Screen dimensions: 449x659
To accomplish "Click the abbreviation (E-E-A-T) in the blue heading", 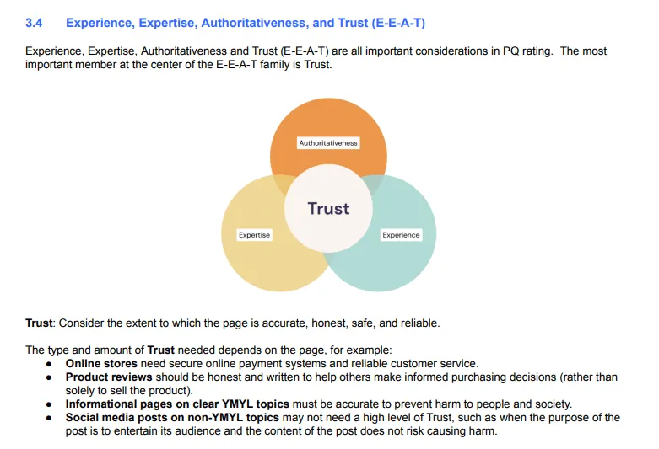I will pos(397,23).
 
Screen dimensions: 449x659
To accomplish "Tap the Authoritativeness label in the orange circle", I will pos(328,143).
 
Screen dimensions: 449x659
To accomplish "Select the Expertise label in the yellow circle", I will pos(254,235).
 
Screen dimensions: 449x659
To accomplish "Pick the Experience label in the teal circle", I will pos(401,235).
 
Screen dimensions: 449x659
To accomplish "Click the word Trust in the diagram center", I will pos(328,208).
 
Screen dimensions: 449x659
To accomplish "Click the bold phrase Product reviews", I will pos(109,377).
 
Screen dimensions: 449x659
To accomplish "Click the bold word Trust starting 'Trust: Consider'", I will pos(40,323).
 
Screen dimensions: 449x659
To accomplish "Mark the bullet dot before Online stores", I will pos(51,364).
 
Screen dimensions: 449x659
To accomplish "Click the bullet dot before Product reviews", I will pos(51,377).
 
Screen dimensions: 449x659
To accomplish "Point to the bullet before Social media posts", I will pos(51,418).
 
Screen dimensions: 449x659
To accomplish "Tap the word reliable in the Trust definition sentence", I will pos(419,323).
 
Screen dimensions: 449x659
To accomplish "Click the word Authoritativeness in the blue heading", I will pos(256,23).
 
